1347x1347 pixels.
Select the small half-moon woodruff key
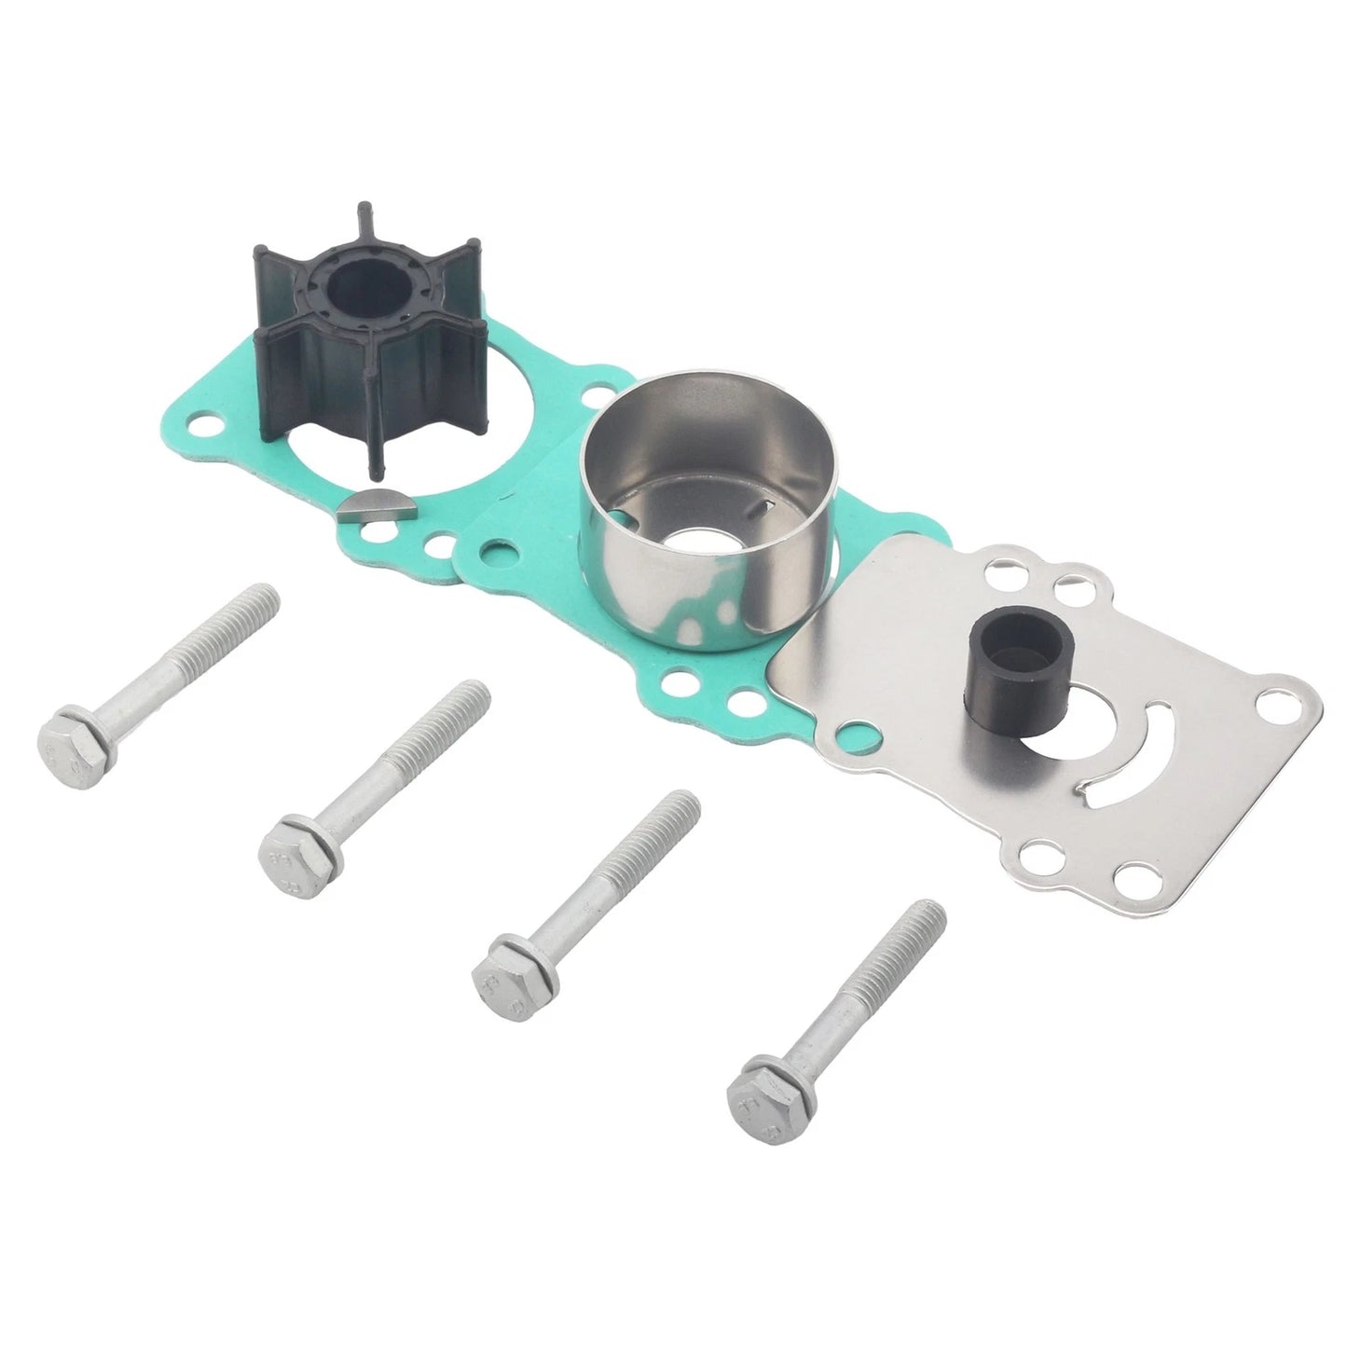coord(361,508)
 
